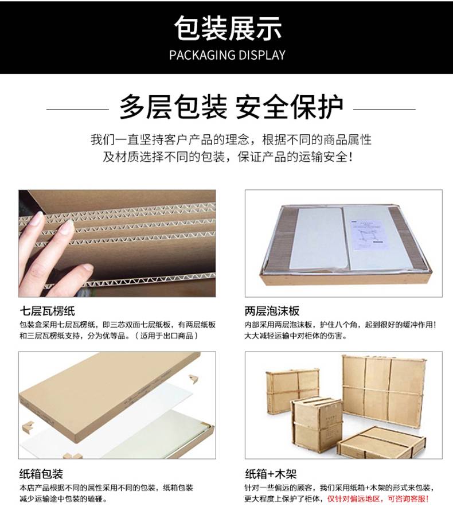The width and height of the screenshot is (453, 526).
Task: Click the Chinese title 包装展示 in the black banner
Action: tap(228, 28)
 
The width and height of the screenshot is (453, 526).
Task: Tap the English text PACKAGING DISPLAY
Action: tap(227, 55)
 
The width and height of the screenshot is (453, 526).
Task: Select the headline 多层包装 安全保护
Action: tap(231, 107)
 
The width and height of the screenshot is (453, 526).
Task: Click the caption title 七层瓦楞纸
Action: tap(47, 311)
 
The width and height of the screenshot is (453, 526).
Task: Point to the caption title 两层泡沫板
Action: tap(272, 311)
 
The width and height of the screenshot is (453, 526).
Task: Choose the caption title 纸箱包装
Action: tap(41, 474)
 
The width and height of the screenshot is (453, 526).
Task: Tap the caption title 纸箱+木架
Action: tap(271, 474)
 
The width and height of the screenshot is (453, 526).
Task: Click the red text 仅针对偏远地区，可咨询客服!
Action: tap(378, 499)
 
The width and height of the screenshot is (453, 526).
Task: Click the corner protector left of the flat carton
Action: tap(28, 427)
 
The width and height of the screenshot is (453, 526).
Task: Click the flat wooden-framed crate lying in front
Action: tap(381, 442)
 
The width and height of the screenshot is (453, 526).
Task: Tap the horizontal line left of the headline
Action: tap(77, 109)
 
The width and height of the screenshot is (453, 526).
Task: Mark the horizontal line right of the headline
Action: tap(384, 109)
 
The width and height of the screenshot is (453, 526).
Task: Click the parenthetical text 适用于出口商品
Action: tap(167, 336)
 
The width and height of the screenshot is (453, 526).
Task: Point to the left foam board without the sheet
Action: tap(315, 238)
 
